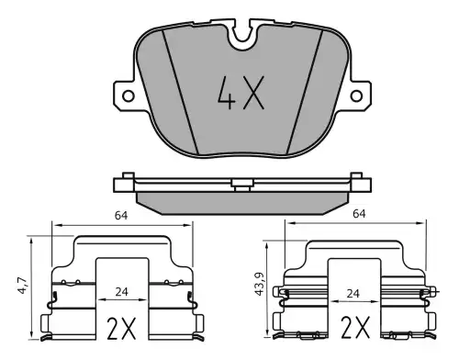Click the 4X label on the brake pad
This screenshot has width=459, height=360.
coord(241,93)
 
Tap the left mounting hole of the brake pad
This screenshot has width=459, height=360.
coord(129,96)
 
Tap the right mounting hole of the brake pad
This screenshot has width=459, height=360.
coord(356,96)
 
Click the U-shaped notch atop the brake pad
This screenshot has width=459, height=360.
coord(242,34)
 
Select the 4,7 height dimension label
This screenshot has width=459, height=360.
coord(23,286)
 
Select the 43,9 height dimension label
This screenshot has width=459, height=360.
coord(260,286)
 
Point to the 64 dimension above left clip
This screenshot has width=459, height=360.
coord(121,216)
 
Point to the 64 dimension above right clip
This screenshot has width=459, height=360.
coord(359,213)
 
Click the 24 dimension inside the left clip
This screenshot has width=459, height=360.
coord(121,292)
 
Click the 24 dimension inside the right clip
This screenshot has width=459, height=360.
coord(353,294)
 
